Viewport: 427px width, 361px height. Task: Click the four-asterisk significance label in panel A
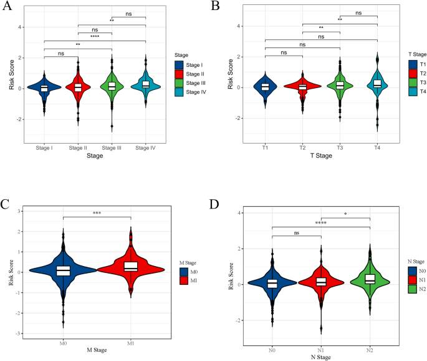(x=95, y=36)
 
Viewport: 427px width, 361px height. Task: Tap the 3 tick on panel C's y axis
(x=20, y=211)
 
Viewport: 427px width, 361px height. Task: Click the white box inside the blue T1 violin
(x=265, y=87)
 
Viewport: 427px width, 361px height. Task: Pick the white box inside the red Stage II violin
(x=78, y=88)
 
